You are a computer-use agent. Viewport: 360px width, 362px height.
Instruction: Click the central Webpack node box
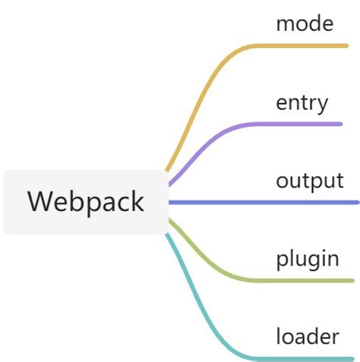[x=85, y=203]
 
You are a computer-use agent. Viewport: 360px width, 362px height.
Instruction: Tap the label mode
[x=305, y=24]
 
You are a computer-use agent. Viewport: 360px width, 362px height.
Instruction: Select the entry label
[x=302, y=102]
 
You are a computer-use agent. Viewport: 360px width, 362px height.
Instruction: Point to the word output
[x=310, y=181]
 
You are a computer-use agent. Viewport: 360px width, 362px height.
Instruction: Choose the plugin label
[x=308, y=260]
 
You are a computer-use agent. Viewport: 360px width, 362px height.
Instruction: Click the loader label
[x=307, y=336]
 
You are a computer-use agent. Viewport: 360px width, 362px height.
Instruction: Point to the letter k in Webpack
[x=135, y=201]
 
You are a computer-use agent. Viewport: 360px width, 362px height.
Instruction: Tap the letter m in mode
[x=285, y=24]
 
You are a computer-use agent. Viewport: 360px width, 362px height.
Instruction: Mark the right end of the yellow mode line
[x=346, y=46]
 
